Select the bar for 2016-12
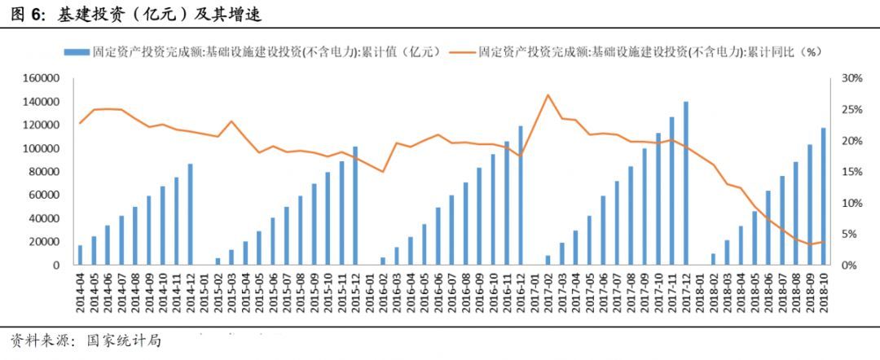coord(520,195)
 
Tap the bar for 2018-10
coord(824,196)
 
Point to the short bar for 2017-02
coord(548,260)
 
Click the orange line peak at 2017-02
coord(548,95)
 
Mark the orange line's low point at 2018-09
coord(810,244)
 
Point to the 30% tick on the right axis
coord(851,78)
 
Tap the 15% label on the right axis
coord(851,172)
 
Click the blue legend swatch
coord(77,51)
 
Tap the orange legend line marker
coord(460,51)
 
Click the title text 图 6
coord(29,15)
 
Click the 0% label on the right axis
coord(848,266)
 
